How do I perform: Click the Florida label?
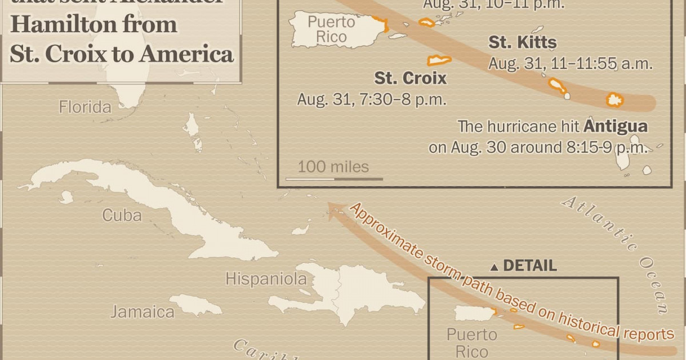point(85,107)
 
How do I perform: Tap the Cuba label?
point(122,215)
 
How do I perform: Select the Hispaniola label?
point(266,279)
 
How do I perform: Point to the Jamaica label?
point(142,312)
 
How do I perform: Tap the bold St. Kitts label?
point(522,42)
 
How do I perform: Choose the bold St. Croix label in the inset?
point(410,78)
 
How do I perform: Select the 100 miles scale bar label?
point(333,167)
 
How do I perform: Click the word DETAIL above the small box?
point(529,266)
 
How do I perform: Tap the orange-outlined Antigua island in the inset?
point(615,100)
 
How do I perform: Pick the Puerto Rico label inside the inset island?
point(327,30)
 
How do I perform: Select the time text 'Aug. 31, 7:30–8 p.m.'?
point(371,99)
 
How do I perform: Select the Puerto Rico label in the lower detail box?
point(472,342)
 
